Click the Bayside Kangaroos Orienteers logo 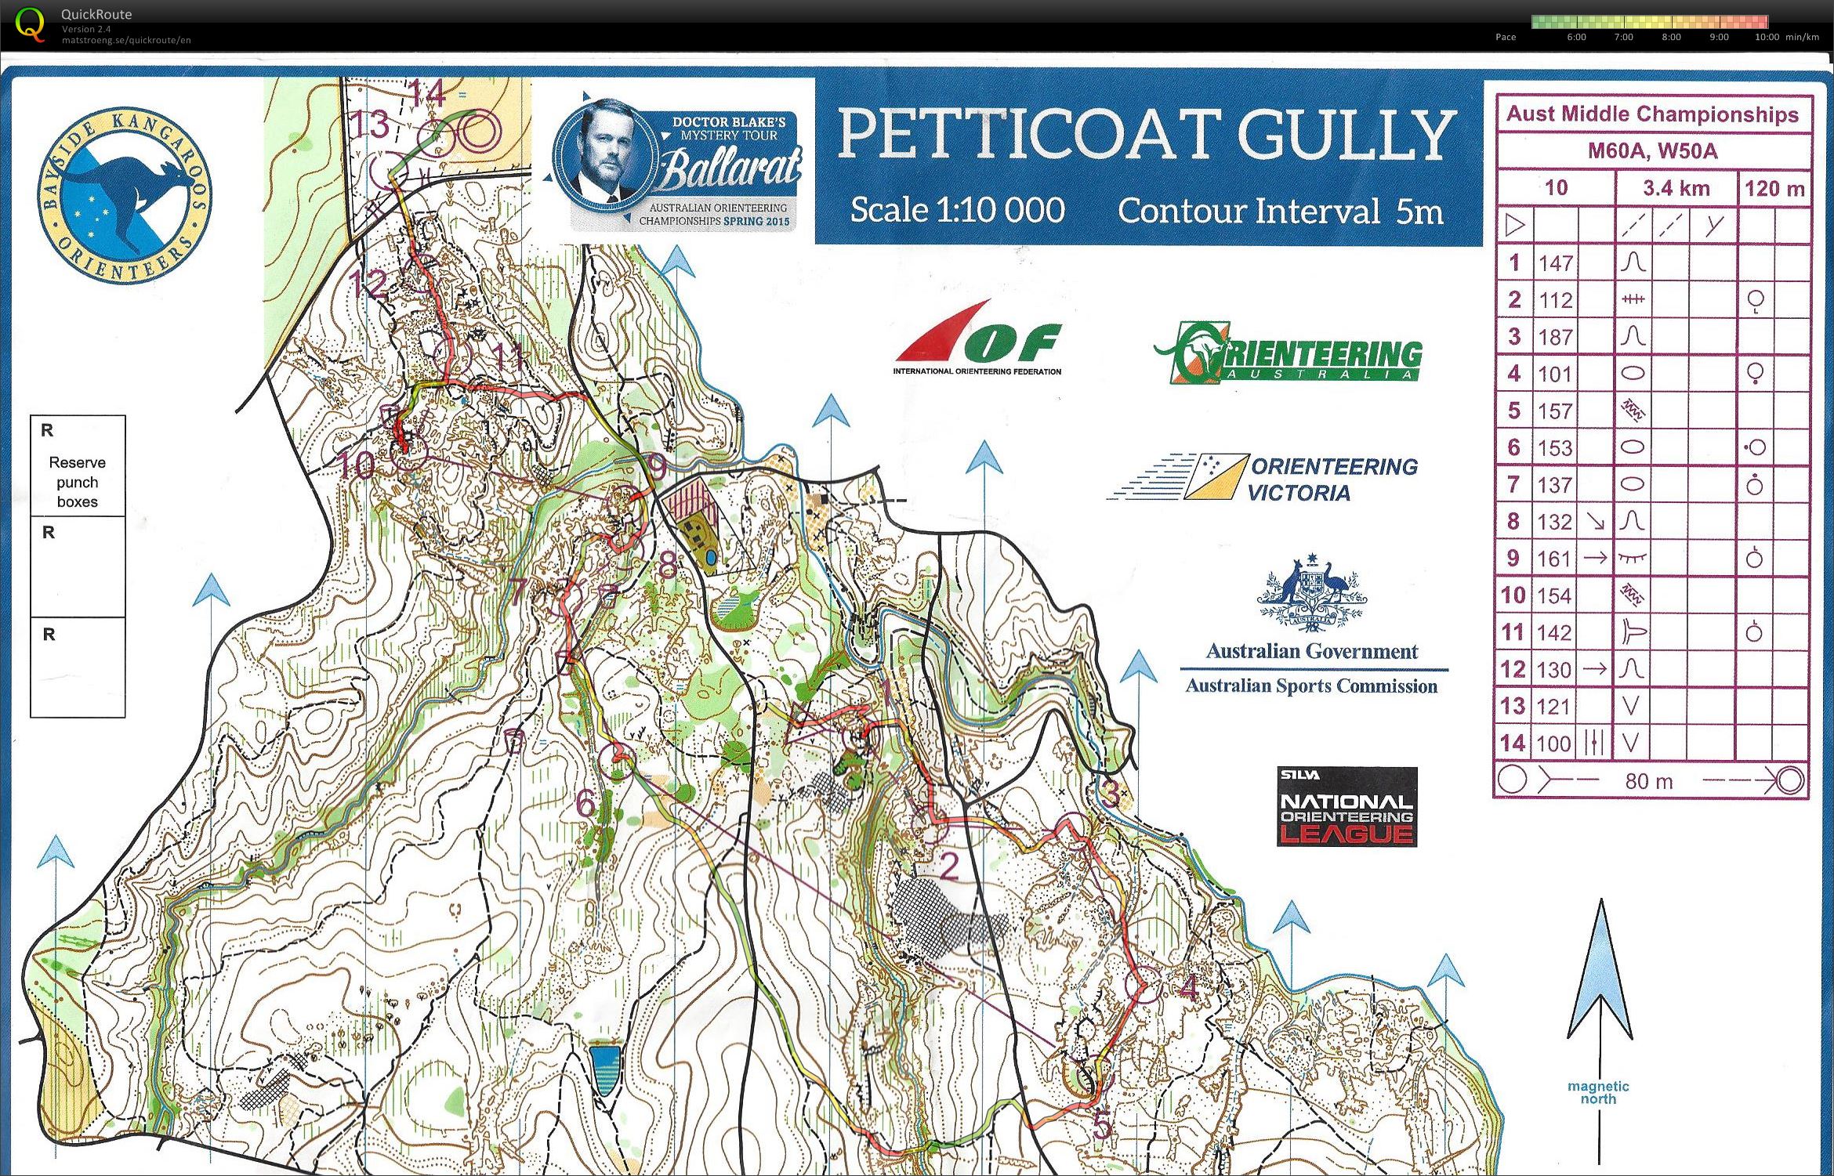tap(124, 195)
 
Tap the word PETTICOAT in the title tap(1028, 134)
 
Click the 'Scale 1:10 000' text tap(957, 210)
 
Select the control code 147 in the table tap(1555, 263)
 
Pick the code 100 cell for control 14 tap(1553, 744)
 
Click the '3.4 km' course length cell tap(1676, 188)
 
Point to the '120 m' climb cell tap(1774, 189)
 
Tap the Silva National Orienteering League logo tap(1346, 807)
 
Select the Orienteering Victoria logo tap(1263, 478)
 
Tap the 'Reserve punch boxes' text tap(77, 482)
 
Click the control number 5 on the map tap(1101, 1127)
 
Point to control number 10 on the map tap(356, 466)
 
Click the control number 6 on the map tap(585, 802)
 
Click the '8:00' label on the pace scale tap(1671, 37)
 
